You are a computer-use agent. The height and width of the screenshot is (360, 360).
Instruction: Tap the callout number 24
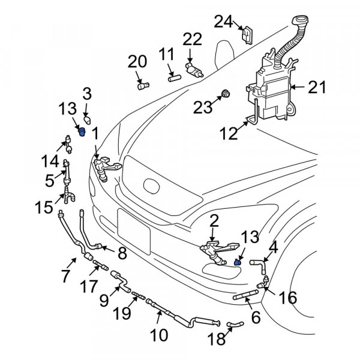coord(223,22)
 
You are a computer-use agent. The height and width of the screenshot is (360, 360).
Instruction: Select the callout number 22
coord(193,40)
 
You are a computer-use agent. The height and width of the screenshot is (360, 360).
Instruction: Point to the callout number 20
coord(137,62)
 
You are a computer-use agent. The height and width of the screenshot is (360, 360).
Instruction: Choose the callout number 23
coord(203,108)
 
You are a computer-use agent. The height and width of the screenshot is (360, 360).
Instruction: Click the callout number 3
coord(86,93)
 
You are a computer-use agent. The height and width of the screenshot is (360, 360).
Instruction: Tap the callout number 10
coord(160,334)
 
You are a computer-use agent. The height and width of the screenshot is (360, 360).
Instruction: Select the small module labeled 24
coord(246,34)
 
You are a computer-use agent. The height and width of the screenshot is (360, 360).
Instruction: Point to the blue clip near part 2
coord(237,261)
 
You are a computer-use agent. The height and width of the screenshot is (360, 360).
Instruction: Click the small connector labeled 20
coord(142,85)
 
